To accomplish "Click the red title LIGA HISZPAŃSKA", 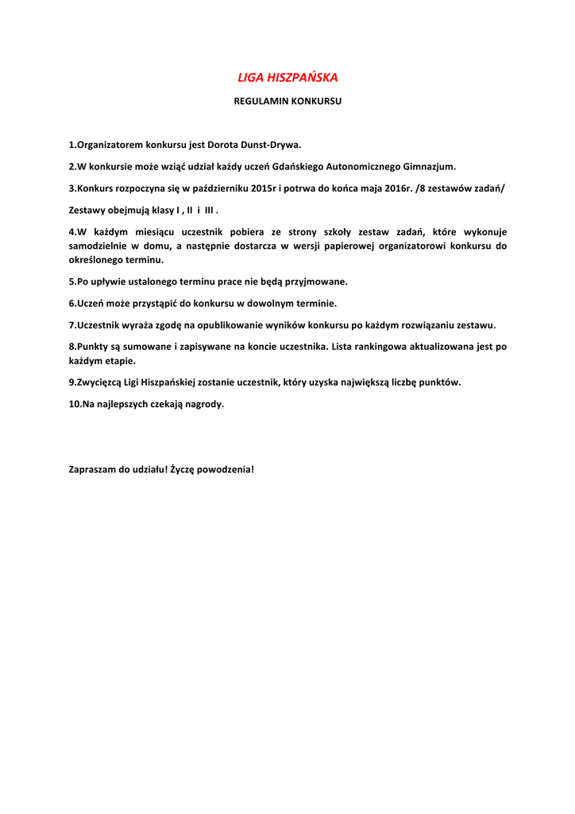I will (287, 77).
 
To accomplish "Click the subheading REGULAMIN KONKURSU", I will (287, 102).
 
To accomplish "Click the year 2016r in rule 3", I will (392, 188).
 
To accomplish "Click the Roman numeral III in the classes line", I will (210, 210).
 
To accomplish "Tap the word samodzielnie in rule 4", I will (98, 246).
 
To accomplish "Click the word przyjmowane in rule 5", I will (317, 281).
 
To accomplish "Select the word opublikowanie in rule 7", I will (232, 324).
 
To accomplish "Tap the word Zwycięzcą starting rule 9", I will (99, 382).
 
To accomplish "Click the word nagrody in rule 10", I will (204, 404).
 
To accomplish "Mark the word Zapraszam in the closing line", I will (93, 469).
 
